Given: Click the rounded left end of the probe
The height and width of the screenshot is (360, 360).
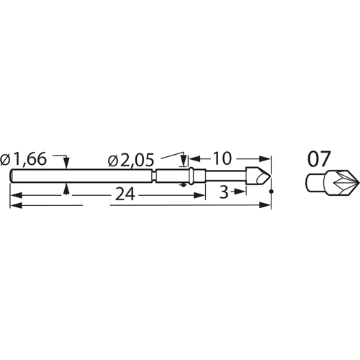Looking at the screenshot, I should point(12,175).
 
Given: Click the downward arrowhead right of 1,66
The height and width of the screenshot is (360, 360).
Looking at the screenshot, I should point(66,165).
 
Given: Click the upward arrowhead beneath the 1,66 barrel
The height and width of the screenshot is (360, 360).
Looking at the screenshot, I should point(66,186).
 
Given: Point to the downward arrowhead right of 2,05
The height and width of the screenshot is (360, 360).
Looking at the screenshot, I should point(184,163).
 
